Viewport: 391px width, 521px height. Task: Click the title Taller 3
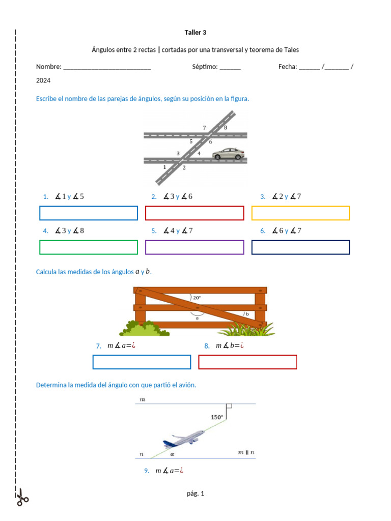[195, 33]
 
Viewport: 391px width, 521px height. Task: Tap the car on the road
[228, 154]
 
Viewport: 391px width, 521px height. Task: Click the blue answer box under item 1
[89, 213]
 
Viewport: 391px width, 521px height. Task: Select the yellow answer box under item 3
[300, 213]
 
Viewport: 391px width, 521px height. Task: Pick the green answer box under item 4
[89, 247]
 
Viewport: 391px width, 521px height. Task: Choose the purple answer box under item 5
[194, 247]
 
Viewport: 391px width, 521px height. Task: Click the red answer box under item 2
[194, 213]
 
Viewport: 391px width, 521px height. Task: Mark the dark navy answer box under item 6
[300, 247]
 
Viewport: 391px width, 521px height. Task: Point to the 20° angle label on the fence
[197, 298]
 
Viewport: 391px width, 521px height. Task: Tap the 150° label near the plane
[217, 417]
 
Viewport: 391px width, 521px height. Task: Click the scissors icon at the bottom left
[22, 498]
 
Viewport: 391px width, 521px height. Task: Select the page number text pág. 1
[195, 493]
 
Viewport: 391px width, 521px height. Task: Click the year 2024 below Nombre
[43, 80]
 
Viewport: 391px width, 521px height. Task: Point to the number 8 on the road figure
[226, 128]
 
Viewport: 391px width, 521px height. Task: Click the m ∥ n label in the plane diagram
[246, 452]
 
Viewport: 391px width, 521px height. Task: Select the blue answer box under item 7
[142, 362]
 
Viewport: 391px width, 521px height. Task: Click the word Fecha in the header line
[287, 67]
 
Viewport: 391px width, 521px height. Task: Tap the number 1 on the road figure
[164, 167]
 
